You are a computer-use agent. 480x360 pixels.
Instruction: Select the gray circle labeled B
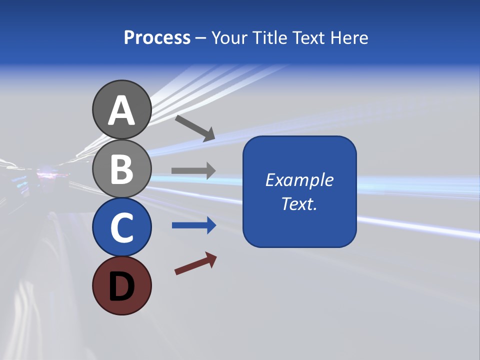click(x=121, y=168)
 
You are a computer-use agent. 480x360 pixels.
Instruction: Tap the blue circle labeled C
click(x=121, y=227)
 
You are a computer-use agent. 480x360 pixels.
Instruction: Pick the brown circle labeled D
click(x=121, y=285)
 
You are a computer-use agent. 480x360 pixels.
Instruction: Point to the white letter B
click(x=121, y=168)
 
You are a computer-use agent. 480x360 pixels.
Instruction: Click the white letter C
click(x=121, y=227)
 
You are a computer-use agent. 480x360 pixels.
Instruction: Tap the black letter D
click(x=121, y=286)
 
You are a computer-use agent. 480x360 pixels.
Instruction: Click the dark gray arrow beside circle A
click(x=195, y=127)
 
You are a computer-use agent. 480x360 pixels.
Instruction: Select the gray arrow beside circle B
click(x=193, y=170)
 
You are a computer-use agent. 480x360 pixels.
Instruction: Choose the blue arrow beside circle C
click(x=193, y=225)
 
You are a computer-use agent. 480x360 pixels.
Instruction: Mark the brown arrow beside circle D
click(x=195, y=263)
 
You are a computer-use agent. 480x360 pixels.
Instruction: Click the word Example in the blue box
click(x=299, y=180)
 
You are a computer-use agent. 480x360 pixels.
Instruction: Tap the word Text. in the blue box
click(x=299, y=204)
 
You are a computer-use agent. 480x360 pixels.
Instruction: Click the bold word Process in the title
click(x=157, y=38)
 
